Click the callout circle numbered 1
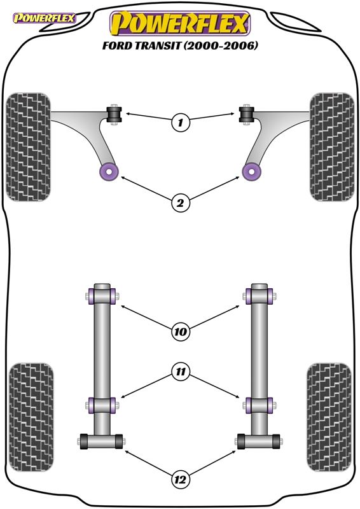click(180, 122)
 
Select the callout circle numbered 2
click(180, 203)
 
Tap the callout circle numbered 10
click(180, 331)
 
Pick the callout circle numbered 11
click(180, 372)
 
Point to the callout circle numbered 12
click(180, 480)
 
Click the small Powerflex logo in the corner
click(44, 18)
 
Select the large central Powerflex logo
click(180, 24)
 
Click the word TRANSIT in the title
click(157, 45)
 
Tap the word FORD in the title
click(117, 45)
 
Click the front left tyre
click(28, 147)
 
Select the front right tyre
click(332, 147)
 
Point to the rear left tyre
click(31, 417)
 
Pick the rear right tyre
click(329, 417)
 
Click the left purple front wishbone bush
click(109, 172)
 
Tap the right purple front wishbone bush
click(252, 172)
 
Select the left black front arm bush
click(114, 115)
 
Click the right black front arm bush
click(247, 115)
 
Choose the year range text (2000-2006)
click(221, 45)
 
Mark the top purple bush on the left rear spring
click(102, 296)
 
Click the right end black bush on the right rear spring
click(276, 442)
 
